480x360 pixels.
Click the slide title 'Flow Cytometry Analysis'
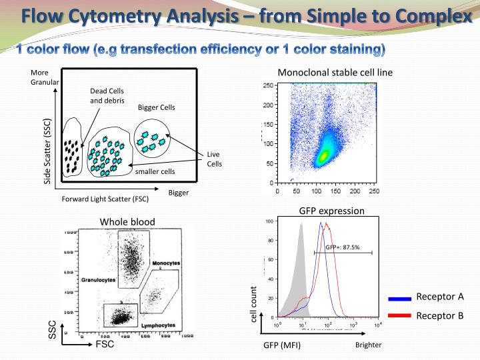click(127, 14)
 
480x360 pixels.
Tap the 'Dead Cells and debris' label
click(107, 96)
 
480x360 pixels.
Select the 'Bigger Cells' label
click(156, 107)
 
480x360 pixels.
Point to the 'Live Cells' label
click(214, 159)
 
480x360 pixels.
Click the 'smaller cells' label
click(155, 171)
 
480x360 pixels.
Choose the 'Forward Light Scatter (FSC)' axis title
click(105, 199)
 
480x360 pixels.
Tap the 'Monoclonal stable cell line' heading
click(335, 73)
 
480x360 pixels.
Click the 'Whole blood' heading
click(127, 222)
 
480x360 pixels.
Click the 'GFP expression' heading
click(331, 211)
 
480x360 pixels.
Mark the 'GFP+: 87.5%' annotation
click(343, 247)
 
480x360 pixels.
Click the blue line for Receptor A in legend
click(399, 299)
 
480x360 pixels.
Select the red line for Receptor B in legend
click(399, 317)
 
